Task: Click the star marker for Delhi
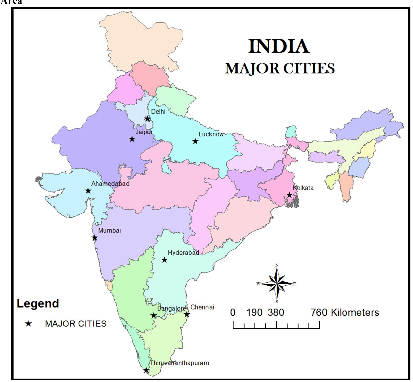pyautogui.click(x=147, y=118)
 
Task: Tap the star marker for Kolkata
pyautogui.click(x=289, y=195)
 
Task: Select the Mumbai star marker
pyautogui.click(x=95, y=238)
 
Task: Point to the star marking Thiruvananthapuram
pyautogui.click(x=146, y=370)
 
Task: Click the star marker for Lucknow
pyautogui.click(x=195, y=141)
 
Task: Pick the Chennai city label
pyautogui.click(x=202, y=307)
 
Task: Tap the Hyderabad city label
pyautogui.click(x=183, y=253)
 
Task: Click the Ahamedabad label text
pyautogui.click(x=110, y=184)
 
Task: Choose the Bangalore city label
pyautogui.click(x=171, y=308)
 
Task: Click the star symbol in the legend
pyautogui.click(x=28, y=324)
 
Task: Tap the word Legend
pyautogui.click(x=38, y=303)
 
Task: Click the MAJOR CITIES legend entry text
pyautogui.click(x=76, y=324)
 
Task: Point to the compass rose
pyautogui.click(x=277, y=284)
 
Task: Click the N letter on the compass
pyautogui.click(x=277, y=265)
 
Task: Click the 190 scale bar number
pyautogui.click(x=254, y=313)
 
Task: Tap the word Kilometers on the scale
pyautogui.click(x=355, y=313)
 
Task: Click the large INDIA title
pyautogui.click(x=279, y=46)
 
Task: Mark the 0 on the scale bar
pyautogui.click(x=233, y=313)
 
